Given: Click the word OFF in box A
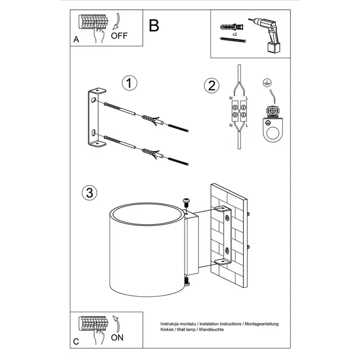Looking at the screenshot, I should [x=119, y=35].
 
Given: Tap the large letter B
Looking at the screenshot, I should [x=153, y=26].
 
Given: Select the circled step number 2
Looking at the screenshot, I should [x=209, y=86].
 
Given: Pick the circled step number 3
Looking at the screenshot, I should [x=89, y=192].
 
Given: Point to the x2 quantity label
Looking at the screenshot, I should [x=234, y=34].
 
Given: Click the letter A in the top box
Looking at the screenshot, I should [x=76, y=39].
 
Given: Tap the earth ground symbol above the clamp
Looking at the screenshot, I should [x=267, y=82].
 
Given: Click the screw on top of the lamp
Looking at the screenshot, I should [x=186, y=202].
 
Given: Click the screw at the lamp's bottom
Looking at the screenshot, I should [x=186, y=281].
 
